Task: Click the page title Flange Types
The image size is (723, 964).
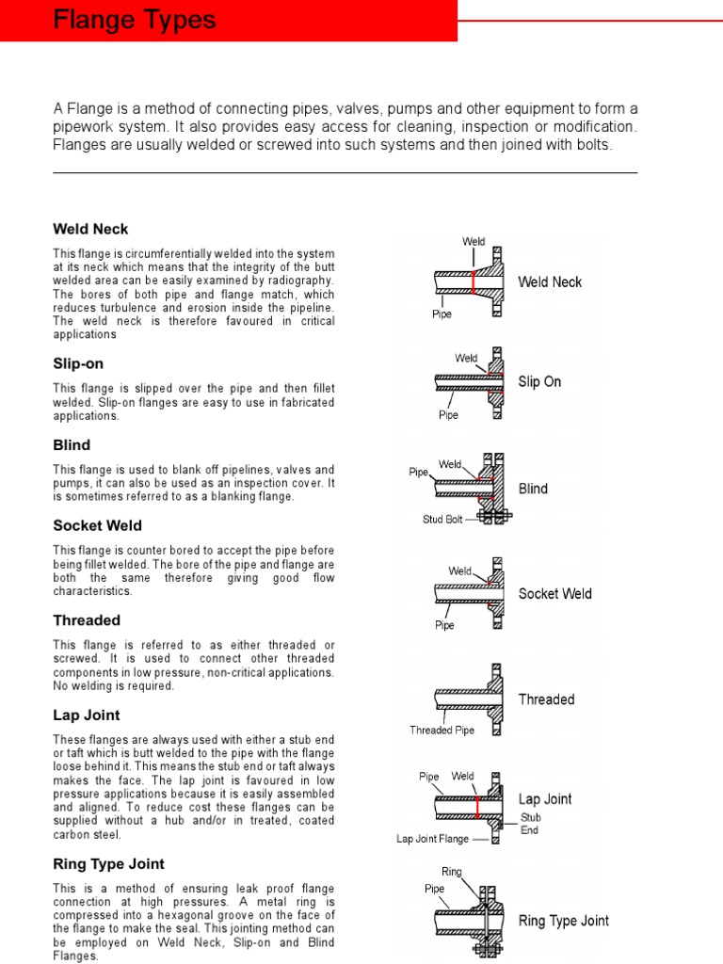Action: tap(135, 20)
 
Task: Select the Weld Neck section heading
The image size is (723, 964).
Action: tap(90, 229)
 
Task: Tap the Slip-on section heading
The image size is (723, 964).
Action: tap(78, 363)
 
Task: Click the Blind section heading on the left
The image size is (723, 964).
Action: tap(72, 444)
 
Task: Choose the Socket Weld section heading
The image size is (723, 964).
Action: tap(97, 525)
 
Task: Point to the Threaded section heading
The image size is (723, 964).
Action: tap(87, 620)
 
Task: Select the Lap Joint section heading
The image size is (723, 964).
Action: tap(85, 715)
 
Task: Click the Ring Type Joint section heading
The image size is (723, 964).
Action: tap(108, 863)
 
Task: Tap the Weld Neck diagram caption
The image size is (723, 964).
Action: tap(550, 281)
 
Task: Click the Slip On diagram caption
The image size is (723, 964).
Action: tap(539, 382)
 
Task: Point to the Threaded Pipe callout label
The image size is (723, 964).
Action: tap(442, 730)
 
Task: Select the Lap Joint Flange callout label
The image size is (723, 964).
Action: tap(432, 838)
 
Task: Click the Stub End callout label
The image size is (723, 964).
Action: tap(531, 825)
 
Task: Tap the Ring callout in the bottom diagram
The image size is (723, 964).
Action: tap(452, 872)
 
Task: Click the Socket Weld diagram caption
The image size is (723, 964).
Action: tap(554, 594)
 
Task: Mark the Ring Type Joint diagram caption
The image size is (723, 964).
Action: tap(563, 921)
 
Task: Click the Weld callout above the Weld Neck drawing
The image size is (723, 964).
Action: tap(474, 242)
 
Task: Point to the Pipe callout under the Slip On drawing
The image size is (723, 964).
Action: tap(449, 414)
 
